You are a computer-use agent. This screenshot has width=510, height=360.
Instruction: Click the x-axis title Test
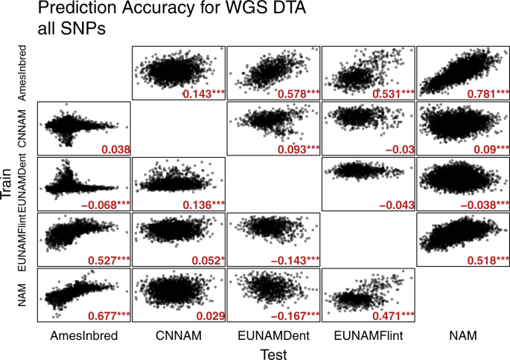(x=273, y=355)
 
